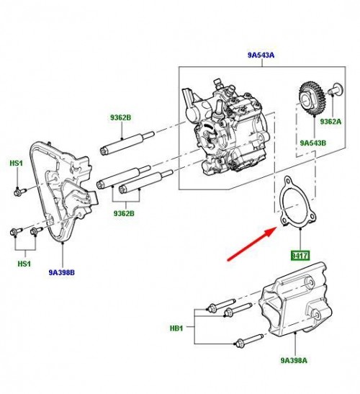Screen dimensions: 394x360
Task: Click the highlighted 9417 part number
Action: coord(299,255)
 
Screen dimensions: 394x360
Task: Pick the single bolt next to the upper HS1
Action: coord(20,190)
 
